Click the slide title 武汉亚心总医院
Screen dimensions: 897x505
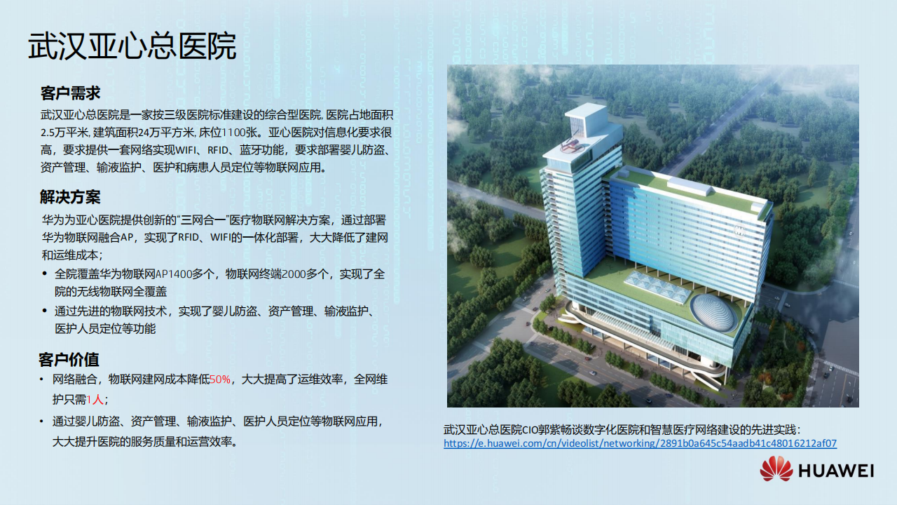pos(132,47)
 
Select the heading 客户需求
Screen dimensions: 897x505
pos(70,93)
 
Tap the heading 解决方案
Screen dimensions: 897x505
pos(70,197)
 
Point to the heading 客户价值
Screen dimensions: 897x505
pos(69,360)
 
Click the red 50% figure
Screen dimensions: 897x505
pos(220,379)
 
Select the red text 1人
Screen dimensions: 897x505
pos(95,399)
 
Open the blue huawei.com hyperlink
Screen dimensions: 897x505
pos(640,443)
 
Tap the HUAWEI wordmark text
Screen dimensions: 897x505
pos(836,471)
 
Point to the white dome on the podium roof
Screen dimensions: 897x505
pos(714,313)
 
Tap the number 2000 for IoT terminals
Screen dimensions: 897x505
pos(294,274)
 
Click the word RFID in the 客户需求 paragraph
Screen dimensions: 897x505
pos(218,150)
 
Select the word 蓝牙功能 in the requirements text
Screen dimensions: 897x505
pos(262,150)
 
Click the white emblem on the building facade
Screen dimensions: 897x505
pos(739,230)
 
